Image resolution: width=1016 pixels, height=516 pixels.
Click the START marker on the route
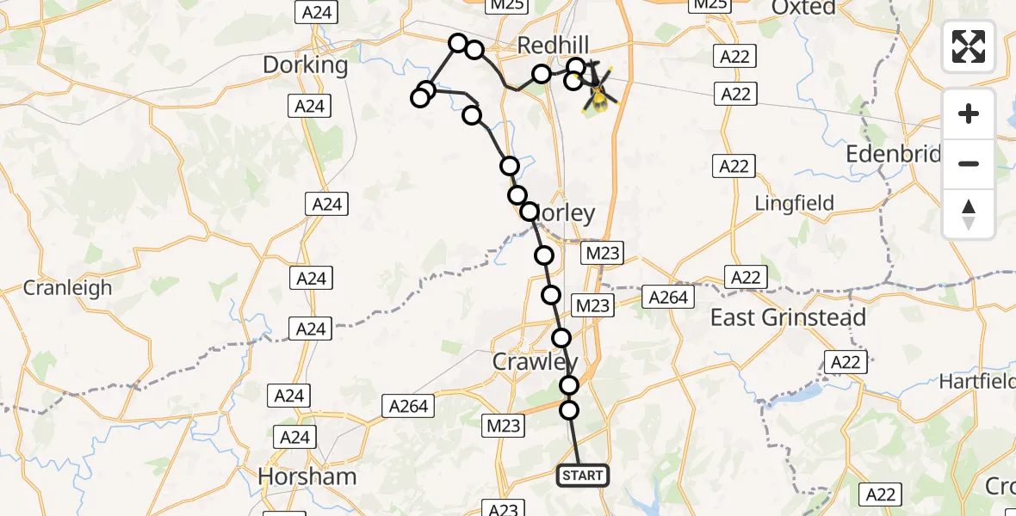coord(583,476)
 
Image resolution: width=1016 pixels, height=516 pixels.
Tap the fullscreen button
coord(969,46)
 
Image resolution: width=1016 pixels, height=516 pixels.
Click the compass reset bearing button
coord(969,214)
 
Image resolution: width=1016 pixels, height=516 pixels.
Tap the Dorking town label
coord(306,65)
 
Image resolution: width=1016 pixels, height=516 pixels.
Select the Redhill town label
coord(554,45)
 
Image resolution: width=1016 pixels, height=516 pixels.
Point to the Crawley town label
coord(535,362)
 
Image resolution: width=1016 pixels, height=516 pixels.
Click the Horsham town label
coord(307,476)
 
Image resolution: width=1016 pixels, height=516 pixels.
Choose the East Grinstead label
coord(788,318)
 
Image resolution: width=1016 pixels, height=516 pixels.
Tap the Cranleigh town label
coord(67,288)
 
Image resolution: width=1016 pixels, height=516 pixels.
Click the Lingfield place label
coord(794,204)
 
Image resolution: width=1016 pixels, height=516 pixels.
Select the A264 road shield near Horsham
coord(409,406)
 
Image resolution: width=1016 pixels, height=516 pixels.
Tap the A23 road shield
coord(503,508)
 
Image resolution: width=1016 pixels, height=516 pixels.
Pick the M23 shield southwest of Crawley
coord(503,425)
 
